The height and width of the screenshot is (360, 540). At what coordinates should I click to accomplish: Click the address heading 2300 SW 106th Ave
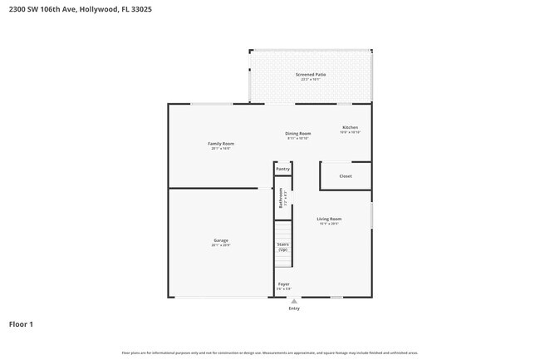pos(81,10)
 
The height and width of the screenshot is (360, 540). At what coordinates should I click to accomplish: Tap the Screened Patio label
pos(311,74)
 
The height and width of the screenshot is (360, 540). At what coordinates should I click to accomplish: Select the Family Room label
pos(221,144)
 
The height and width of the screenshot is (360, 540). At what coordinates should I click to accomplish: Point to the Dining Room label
pos(298,133)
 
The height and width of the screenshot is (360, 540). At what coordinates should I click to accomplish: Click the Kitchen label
pos(350,127)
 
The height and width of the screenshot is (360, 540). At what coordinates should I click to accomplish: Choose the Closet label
pos(346,176)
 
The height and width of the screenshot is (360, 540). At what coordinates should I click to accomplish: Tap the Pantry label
pos(282,169)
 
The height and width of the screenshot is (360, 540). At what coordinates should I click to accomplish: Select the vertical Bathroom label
pos(281,200)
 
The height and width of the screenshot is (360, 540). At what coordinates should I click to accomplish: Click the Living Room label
pos(329,219)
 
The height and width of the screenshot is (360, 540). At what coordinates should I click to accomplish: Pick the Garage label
pos(220,240)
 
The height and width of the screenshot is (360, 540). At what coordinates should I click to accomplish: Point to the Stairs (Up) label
pos(282,247)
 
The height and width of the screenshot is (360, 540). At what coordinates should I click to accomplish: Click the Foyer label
pos(283,284)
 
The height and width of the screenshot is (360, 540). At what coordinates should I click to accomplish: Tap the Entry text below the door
pos(294,308)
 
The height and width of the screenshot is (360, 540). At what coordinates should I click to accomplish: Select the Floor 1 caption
pos(22,323)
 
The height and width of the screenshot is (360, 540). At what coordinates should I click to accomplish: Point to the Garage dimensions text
pos(220,245)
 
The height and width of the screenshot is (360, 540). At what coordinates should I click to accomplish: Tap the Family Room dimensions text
pos(221,149)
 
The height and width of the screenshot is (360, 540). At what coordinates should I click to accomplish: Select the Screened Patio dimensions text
pos(311,80)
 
